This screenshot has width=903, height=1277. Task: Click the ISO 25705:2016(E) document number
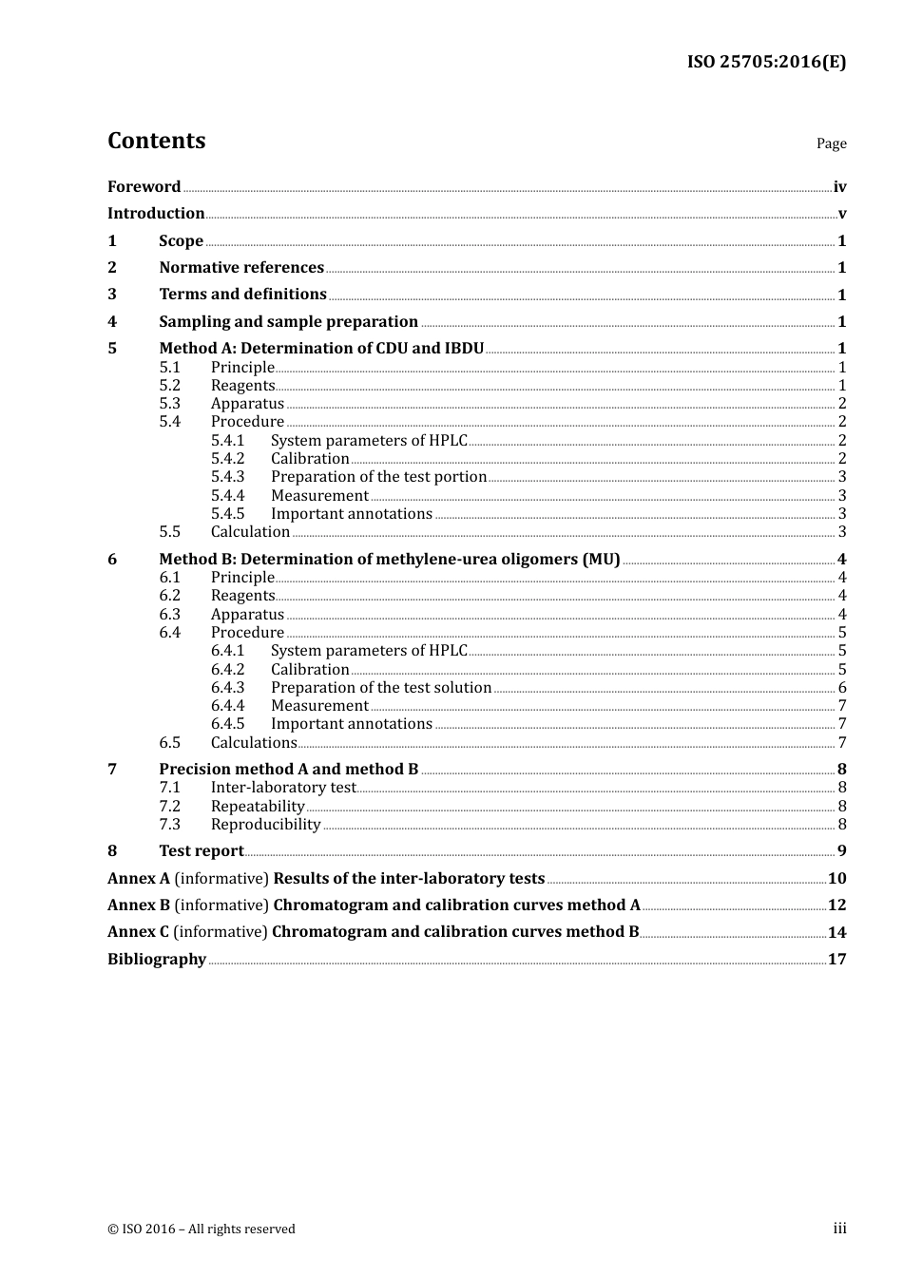(766, 62)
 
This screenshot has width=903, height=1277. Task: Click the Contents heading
(156, 141)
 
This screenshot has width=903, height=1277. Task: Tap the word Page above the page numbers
(831, 143)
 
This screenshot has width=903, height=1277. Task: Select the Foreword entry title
(144, 187)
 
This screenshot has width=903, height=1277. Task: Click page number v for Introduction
(841, 214)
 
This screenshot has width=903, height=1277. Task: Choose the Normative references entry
(241, 268)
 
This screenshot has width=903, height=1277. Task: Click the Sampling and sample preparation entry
(288, 322)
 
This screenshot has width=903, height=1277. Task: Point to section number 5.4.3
(227, 477)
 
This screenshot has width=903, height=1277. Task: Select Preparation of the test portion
(378, 477)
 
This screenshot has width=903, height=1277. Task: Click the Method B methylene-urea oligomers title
(389, 560)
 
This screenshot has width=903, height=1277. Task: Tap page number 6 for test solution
(841, 688)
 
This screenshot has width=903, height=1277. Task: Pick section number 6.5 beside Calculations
(169, 743)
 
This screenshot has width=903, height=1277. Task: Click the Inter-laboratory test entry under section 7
(282, 788)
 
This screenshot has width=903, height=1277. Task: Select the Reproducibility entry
(265, 825)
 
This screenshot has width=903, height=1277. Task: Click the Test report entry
(201, 851)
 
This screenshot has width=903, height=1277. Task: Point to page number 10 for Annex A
(836, 879)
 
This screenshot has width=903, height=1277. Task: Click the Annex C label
(138, 932)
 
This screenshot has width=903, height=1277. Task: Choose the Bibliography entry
(157, 960)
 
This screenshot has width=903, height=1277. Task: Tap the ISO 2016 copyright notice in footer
(202, 1229)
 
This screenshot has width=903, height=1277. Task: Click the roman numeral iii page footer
(839, 1229)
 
